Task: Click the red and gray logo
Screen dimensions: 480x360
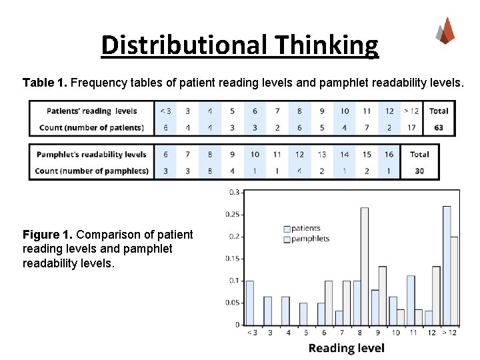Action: [x=446, y=31]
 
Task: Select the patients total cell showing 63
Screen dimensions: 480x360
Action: [x=438, y=127]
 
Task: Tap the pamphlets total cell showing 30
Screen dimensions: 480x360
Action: [x=419, y=171]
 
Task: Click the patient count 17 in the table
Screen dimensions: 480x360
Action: [x=411, y=127]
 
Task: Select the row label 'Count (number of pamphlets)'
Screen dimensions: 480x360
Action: [x=92, y=171]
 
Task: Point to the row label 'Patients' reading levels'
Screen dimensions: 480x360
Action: [x=92, y=111]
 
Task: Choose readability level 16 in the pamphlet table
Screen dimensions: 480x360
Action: [x=389, y=154]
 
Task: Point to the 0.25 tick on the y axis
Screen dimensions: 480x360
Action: [x=233, y=214]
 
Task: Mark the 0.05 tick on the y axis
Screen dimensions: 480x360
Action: [x=233, y=303]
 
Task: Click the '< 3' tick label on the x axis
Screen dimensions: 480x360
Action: [x=251, y=333]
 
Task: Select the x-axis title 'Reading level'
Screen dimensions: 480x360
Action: [x=347, y=348]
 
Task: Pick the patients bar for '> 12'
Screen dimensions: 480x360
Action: [x=447, y=265]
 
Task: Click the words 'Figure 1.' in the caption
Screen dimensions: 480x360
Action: [x=48, y=235]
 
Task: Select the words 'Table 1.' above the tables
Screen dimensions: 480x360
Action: [x=45, y=83]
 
